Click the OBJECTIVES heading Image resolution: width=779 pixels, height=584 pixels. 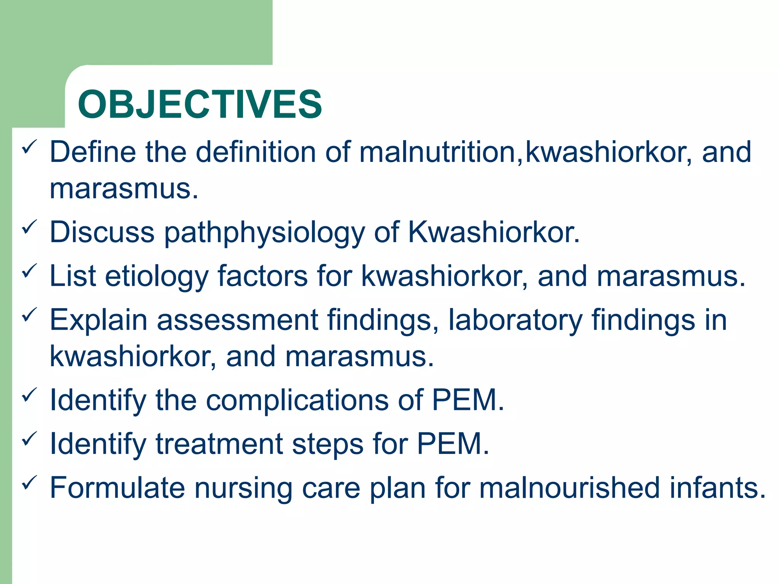point(200,104)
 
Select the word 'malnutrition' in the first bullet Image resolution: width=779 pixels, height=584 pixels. point(437,152)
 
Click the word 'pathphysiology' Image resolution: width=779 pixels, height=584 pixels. point(264,233)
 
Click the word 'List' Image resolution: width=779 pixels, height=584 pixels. point(72,276)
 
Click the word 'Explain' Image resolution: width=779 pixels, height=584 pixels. point(98,320)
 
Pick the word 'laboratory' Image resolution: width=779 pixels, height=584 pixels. point(515,320)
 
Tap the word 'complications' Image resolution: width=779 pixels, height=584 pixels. point(297,400)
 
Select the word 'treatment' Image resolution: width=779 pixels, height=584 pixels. point(219,444)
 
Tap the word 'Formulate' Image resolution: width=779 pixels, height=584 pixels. point(117,488)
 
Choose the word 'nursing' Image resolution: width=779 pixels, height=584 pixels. point(243,489)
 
